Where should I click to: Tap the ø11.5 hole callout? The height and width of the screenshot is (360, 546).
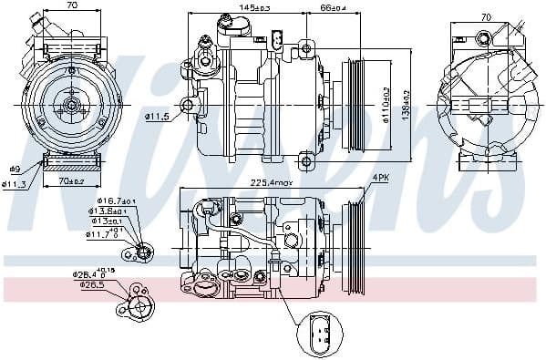(x=158, y=116)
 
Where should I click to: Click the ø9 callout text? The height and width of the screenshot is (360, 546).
(x=15, y=169)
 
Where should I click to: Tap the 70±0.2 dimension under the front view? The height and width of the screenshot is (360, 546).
(x=70, y=181)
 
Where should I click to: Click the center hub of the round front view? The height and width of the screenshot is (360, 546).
(x=70, y=107)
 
